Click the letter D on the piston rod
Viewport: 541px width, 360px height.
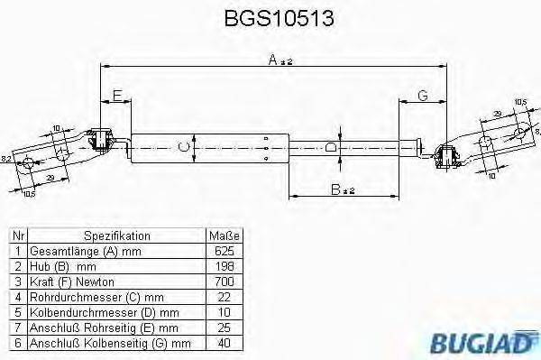coord(331,146)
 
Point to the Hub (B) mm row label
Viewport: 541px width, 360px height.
coord(63,267)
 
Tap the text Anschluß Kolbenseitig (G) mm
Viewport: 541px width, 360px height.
coord(110,343)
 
